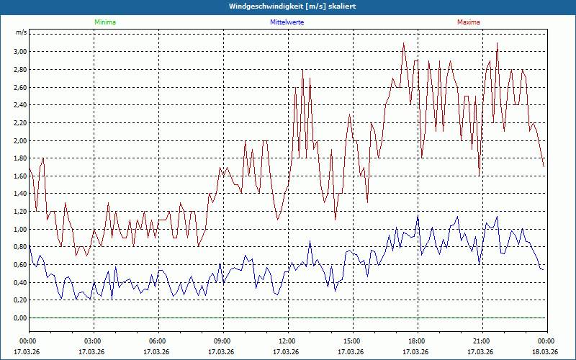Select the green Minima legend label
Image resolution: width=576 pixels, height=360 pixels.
pyautogui.click(x=104, y=22)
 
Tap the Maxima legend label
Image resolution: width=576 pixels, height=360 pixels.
pyautogui.click(x=469, y=22)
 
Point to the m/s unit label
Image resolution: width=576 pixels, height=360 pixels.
pyautogui.click(x=21, y=33)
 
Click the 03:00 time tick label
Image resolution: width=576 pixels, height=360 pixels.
pyautogui.click(x=93, y=341)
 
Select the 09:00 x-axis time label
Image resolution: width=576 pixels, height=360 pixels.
pyautogui.click(x=222, y=341)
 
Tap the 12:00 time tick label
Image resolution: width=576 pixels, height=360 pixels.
pyautogui.click(x=287, y=341)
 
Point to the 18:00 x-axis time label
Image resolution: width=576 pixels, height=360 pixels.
pyautogui.click(x=417, y=341)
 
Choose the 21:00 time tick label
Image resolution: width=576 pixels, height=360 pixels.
pyautogui.click(x=482, y=341)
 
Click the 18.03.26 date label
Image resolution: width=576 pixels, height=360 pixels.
pyautogui.click(x=546, y=352)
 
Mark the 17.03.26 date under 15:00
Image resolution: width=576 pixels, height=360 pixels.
pyautogui.click(x=352, y=352)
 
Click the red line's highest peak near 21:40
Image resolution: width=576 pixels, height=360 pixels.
pyautogui.click(x=497, y=43)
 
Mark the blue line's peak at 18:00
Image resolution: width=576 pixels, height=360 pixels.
pyautogui.click(x=418, y=216)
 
